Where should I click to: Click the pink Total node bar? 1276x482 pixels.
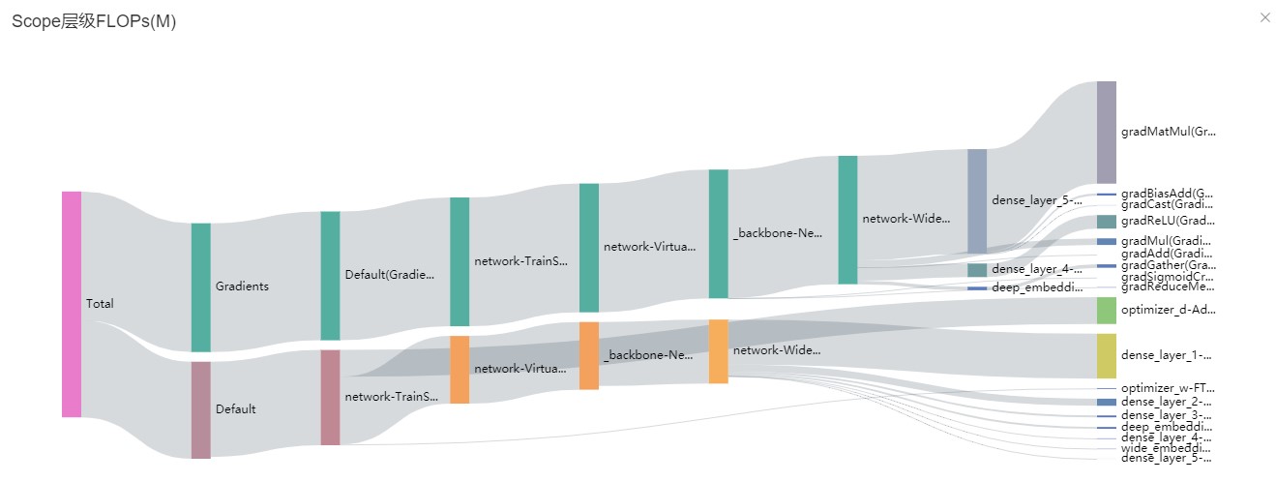(x=72, y=304)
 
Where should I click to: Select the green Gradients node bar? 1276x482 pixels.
(x=200, y=286)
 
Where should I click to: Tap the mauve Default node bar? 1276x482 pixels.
(x=200, y=409)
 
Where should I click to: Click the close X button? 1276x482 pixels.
(x=1265, y=17)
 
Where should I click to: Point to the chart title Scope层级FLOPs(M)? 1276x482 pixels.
(x=94, y=22)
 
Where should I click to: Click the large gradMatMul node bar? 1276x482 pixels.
(x=1106, y=132)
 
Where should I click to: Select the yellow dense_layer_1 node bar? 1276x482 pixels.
(x=1106, y=355)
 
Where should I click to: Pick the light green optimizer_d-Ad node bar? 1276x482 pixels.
(x=1106, y=311)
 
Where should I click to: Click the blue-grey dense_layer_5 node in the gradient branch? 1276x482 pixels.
(x=977, y=200)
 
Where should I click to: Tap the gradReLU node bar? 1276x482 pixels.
(x=1106, y=222)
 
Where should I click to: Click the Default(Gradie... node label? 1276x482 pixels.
(x=390, y=274)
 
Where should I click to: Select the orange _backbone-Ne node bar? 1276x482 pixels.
(x=589, y=355)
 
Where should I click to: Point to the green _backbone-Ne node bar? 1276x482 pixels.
(x=718, y=233)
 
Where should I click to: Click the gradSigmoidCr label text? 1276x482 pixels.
(x=1167, y=277)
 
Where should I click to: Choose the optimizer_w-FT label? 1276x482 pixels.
(x=1167, y=388)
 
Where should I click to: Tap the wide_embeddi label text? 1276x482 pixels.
(x=1167, y=448)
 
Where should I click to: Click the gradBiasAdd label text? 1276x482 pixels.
(x=1167, y=194)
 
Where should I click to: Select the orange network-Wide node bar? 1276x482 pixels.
(x=718, y=350)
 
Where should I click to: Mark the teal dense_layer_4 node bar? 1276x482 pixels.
(x=977, y=269)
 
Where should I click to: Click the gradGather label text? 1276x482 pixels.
(x=1167, y=265)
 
